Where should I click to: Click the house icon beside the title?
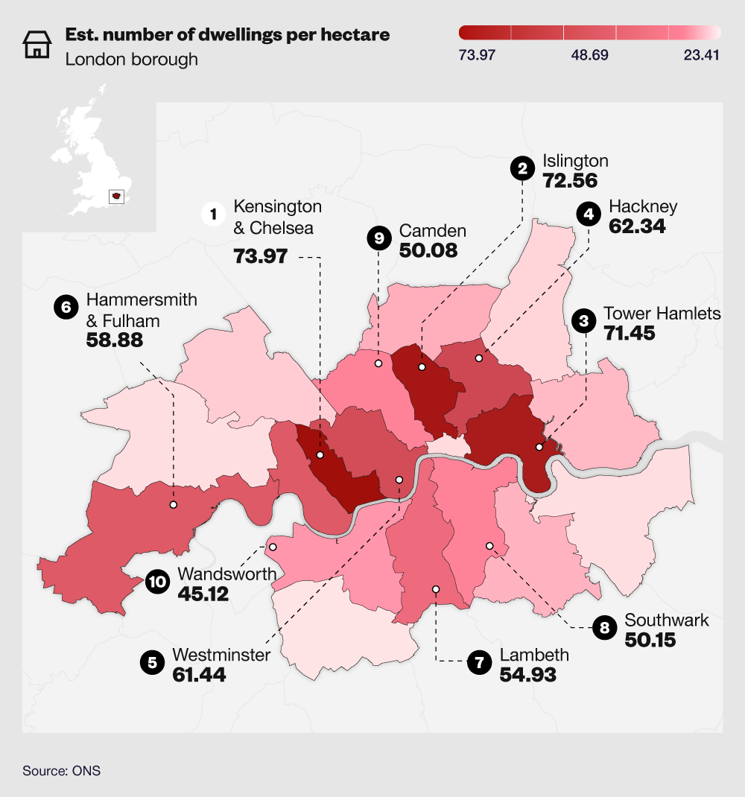click(x=35, y=45)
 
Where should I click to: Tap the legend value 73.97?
click(x=478, y=56)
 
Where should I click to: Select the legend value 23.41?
click(x=701, y=56)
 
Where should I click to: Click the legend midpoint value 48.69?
click(x=589, y=56)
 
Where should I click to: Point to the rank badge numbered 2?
click(x=523, y=169)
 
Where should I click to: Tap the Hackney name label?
click(x=644, y=206)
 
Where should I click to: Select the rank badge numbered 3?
click(x=584, y=321)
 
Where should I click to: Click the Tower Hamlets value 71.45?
click(x=630, y=332)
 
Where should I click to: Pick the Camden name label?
click(x=433, y=230)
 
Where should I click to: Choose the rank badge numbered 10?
click(x=157, y=582)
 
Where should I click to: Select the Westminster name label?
click(x=221, y=655)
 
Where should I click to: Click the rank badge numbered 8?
click(x=604, y=628)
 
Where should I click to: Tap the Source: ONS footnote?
click(x=61, y=771)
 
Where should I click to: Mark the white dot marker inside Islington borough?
click(x=422, y=367)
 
